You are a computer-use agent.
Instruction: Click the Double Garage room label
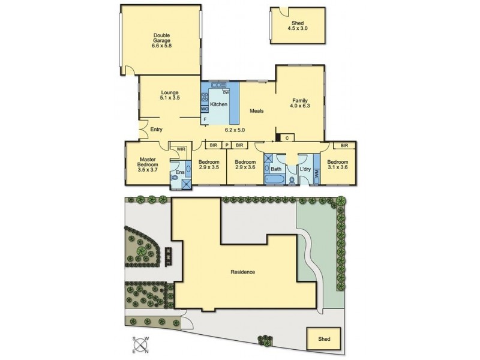[160, 39]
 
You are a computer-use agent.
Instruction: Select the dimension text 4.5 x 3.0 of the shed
[293, 28]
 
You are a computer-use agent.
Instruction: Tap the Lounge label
[170, 92]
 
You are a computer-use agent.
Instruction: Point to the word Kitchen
[218, 104]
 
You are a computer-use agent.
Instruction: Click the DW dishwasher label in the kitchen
[226, 92]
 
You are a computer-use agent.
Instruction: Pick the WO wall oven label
[204, 109]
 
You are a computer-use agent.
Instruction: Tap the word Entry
[157, 129]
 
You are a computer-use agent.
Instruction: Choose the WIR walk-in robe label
[181, 148]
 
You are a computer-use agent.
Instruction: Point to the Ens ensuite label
[179, 173]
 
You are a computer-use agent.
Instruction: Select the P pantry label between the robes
[227, 145]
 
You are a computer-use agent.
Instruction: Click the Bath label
[275, 169]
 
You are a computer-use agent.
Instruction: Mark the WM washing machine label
[316, 172]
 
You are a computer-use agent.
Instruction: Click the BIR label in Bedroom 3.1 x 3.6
[344, 145]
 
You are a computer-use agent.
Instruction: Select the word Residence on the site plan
[243, 272]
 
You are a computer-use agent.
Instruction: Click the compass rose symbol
[142, 344]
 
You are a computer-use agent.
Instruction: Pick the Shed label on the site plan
[324, 339]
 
